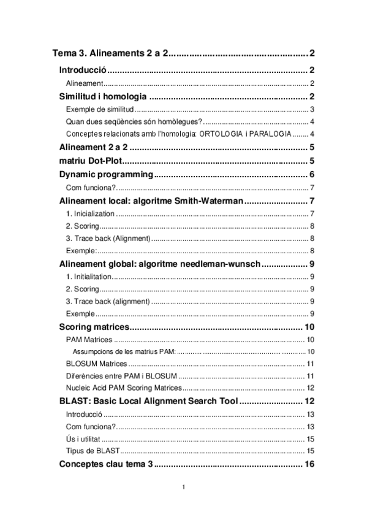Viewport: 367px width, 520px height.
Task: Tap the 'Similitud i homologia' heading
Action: (x=102, y=97)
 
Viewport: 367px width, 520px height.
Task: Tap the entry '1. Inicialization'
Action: (x=90, y=213)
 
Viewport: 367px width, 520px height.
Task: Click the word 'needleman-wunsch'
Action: (x=224, y=264)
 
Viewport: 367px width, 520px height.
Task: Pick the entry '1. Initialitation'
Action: (x=88, y=277)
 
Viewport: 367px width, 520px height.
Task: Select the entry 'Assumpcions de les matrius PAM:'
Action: (x=124, y=351)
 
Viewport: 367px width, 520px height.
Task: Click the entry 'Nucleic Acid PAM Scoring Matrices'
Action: (x=124, y=388)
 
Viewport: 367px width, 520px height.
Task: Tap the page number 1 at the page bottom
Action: (x=183, y=488)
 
